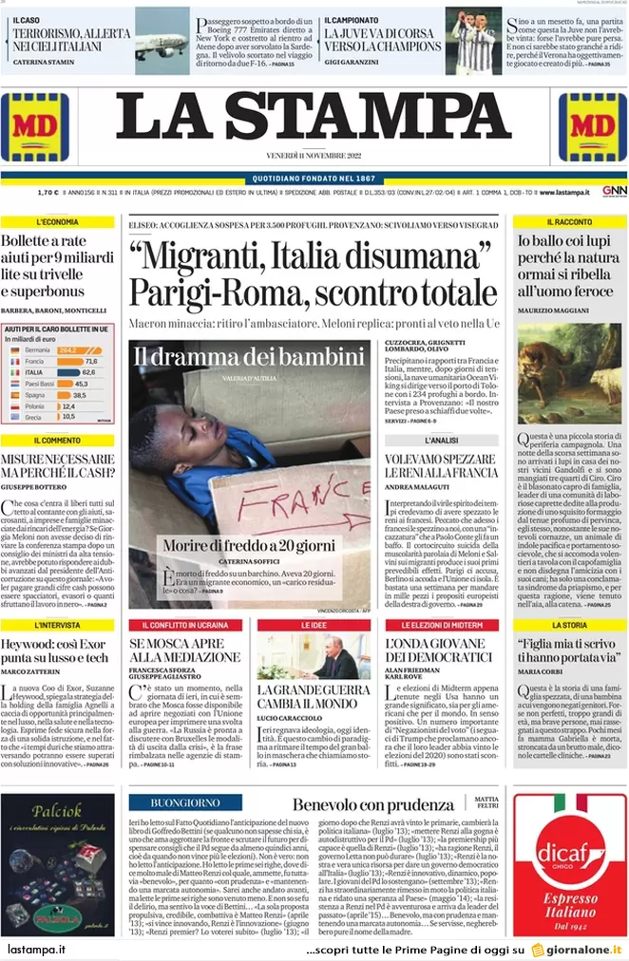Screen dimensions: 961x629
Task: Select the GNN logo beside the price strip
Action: [614, 191]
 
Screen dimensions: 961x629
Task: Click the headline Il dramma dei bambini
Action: [249, 357]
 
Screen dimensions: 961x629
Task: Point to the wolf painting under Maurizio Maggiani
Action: [570, 373]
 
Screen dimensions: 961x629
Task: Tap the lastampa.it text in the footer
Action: [36, 949]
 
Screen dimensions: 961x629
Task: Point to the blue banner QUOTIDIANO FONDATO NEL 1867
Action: [314, 179]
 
